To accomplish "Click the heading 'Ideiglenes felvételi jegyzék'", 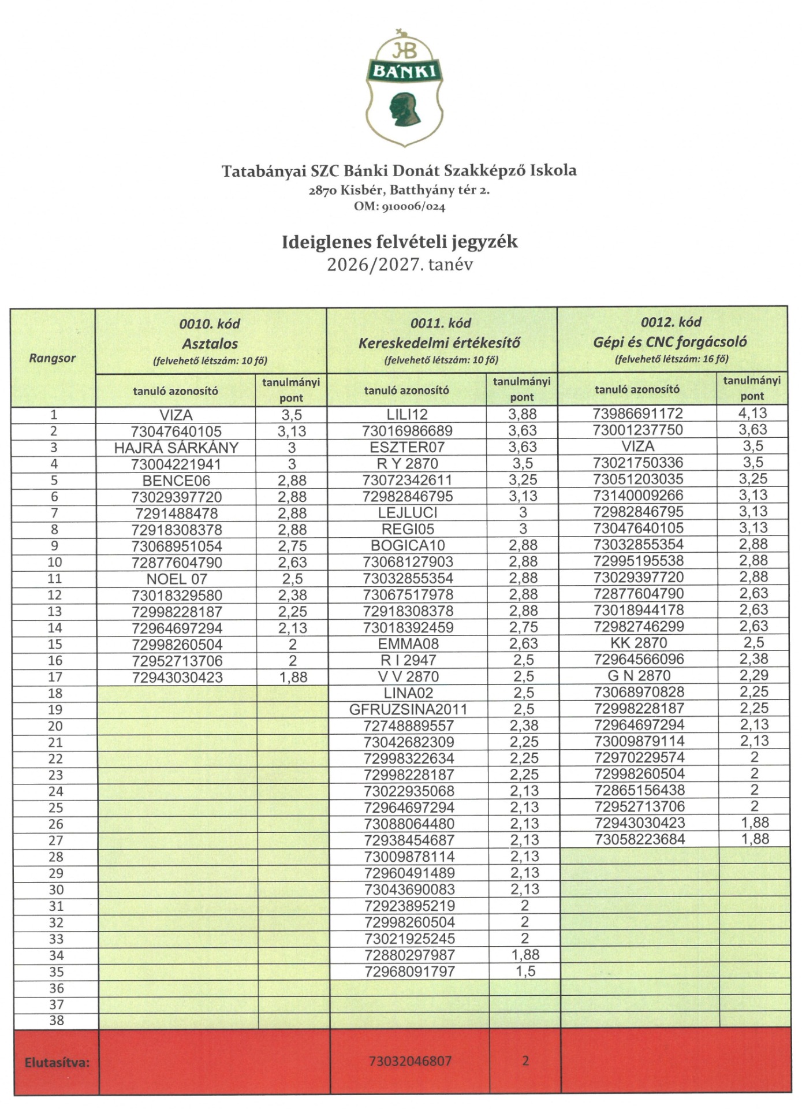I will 400,241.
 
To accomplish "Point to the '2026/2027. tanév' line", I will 400,265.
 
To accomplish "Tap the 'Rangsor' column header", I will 53,358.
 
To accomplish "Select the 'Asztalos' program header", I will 210,344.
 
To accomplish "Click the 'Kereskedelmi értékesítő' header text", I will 439,343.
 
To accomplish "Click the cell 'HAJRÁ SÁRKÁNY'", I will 176,448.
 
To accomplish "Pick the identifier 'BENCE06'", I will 176,481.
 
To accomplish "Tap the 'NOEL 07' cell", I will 176,579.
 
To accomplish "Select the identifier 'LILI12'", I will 407,414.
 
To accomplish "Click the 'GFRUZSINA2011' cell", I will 408,709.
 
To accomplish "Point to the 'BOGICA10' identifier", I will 407,545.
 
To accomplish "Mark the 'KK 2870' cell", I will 638,643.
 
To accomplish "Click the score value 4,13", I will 753,413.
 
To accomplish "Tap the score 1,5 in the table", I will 525,972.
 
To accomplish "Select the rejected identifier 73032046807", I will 410,1061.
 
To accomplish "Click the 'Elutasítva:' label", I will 57,1062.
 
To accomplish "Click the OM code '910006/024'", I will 412,206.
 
